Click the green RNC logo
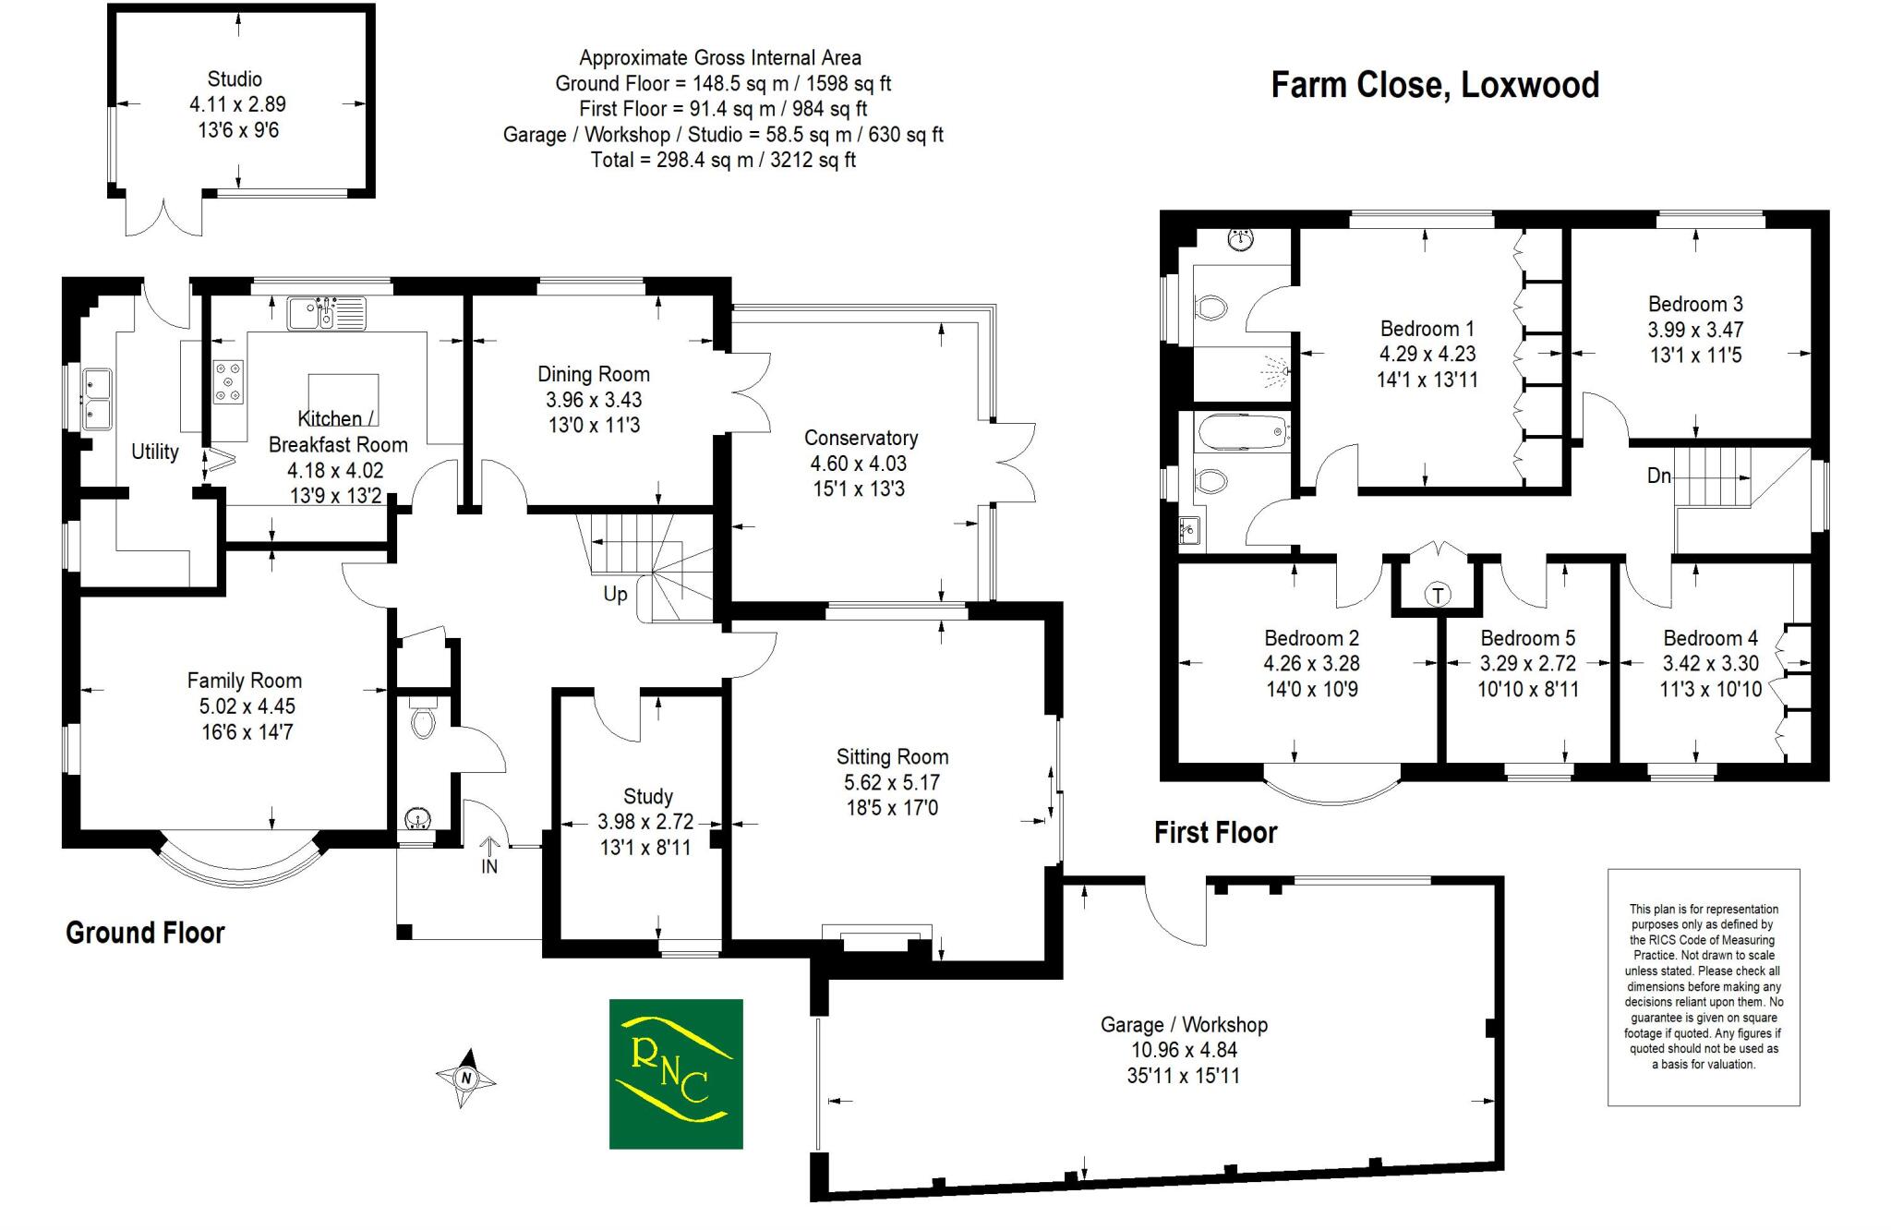[676, 1074]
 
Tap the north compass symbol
[466, 1078]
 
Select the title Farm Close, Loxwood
[1435, 85]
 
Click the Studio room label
[235, 79]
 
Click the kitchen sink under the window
[326, 313]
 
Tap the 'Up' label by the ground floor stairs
[615, 595]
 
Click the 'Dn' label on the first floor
[1659, 476]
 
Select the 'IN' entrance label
[489, 866]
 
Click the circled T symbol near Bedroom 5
[1438, 595]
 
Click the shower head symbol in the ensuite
[1276, 371]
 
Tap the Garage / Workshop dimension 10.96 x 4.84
[1184, 1050]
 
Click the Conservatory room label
[861, 438]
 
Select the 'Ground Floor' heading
[145, 933]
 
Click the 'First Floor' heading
[1215, 833]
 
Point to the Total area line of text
[723, 160]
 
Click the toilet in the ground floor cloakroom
[423, 721]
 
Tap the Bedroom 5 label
[1528, 638]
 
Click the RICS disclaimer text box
[1704, 987]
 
